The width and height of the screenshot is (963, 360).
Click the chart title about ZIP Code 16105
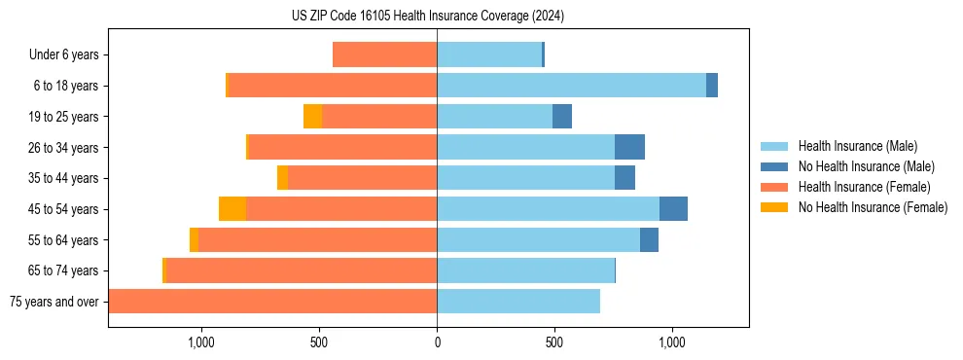coord(428,17)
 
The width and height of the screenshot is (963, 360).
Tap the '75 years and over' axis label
coord(54,302)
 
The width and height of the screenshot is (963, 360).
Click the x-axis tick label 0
coord(437,342)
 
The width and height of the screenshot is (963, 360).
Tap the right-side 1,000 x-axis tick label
coord(672,342)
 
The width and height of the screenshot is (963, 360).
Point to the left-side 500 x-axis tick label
coord(319,342)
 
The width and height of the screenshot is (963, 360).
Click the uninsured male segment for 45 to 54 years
coord(673,209)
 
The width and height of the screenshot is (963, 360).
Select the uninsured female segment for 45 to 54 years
coord(232,209)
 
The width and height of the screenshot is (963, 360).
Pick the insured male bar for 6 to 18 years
coord(571,86)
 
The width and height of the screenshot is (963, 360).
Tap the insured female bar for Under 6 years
coord(384,55)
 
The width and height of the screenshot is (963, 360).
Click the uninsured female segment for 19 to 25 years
coord(312,117)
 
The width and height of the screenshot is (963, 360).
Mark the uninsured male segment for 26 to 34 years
coord(629,147)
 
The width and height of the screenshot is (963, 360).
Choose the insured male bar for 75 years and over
coord(517,302)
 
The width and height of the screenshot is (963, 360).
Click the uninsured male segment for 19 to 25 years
coord(562,117)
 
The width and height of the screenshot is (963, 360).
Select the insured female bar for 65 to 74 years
coord(302,270)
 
